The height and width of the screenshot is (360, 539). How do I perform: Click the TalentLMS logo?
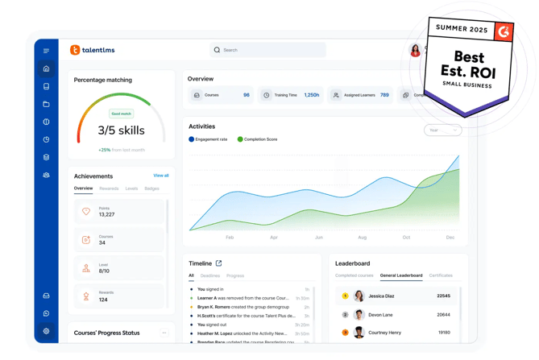point(92,50)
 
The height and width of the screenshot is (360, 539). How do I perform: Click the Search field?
point(268,50)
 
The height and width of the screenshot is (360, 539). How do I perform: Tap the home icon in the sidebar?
point(46,68)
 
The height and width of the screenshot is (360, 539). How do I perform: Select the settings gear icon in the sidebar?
point(46,331)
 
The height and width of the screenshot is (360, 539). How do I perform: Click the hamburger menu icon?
point(46,51)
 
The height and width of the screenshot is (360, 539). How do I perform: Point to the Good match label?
point(121,114)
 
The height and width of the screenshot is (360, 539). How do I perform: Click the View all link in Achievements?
point(161,176)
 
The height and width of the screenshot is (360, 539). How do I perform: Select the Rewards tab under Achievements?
point(109,188)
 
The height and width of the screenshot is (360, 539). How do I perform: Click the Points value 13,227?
point(106,215)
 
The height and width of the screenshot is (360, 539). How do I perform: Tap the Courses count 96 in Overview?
point(246,95)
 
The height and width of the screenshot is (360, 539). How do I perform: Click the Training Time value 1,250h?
point(311,95)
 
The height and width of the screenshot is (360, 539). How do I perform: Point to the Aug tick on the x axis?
point(362,238)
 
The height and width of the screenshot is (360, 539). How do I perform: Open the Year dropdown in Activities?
point(442,130)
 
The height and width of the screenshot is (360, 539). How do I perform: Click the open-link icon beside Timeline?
point(218,263)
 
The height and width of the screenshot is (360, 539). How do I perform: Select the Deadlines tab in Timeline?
point(209,275)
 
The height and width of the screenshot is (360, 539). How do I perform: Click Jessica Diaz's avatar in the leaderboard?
point(359,296)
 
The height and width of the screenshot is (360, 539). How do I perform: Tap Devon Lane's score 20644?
point(443,315)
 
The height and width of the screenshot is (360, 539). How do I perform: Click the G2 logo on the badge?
point(504,32)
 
